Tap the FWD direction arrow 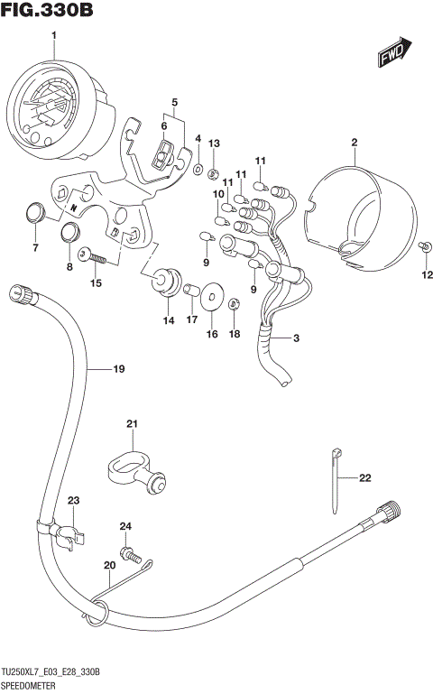(394, 53)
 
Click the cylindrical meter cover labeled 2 (361, 212)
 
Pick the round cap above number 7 (34, 213)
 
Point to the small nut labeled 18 (233, 304)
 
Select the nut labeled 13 (214, 172)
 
